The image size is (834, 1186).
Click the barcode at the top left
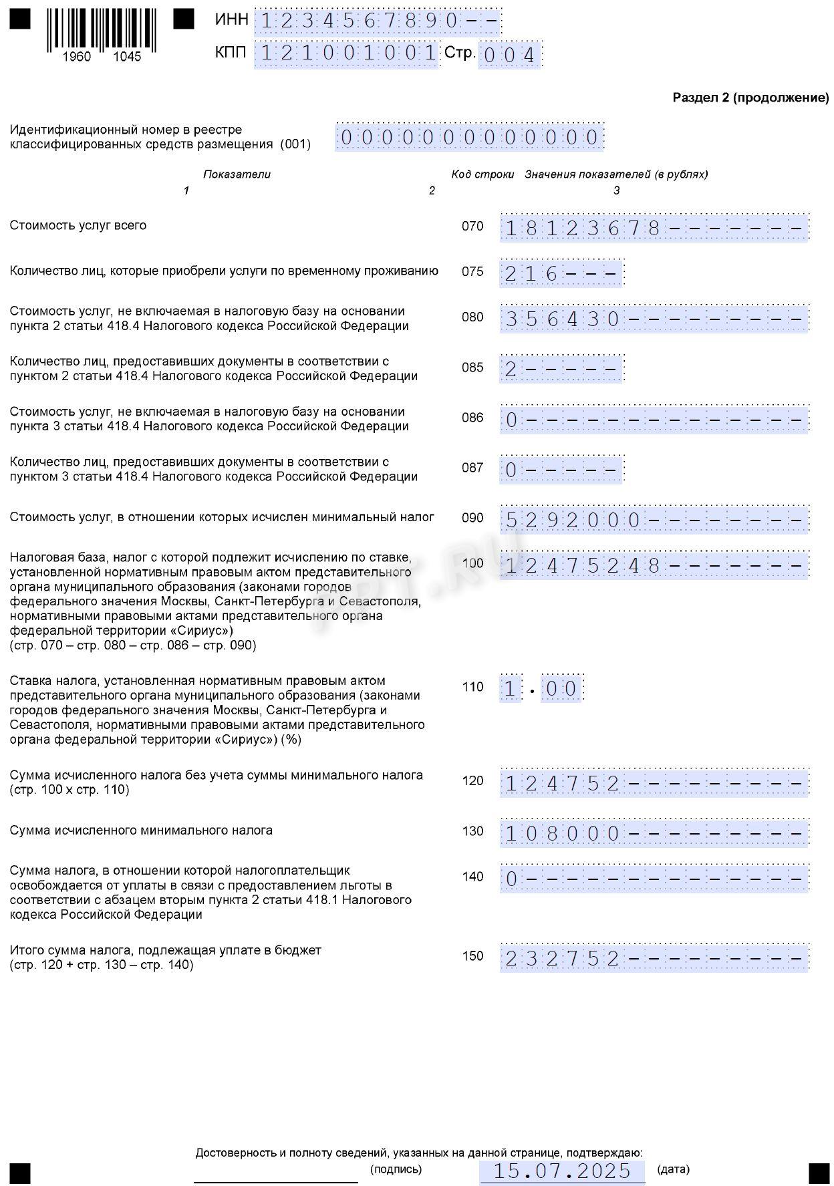click(x=102, y=31)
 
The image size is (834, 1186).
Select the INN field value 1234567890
click(x=378, y=21)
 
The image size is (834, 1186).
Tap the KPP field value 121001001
click(x=347, y=53)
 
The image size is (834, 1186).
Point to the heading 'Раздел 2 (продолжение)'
click(x=750, y=98)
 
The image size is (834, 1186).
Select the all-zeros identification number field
click(x=469, y=138)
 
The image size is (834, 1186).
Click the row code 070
click(x=472, y=226)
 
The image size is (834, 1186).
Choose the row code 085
click(x=472, y=367)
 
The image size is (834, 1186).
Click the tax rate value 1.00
click(x=541, y=688)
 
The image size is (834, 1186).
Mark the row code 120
click(x=472, y=780)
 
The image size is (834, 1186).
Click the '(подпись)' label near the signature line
click(x=396, y=1169)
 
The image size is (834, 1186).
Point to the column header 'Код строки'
click(x=482, y=174)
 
